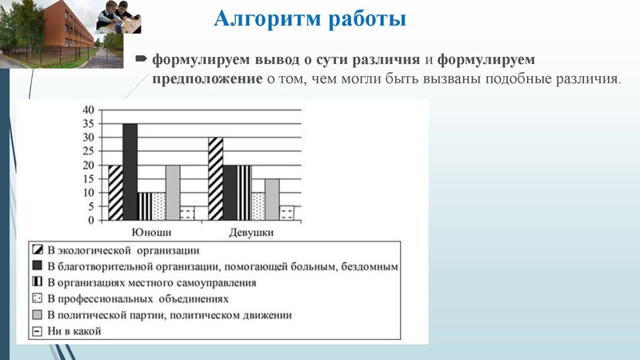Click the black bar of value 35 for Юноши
(130, 172)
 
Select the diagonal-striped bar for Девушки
(215, 178)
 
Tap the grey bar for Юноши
(172, 192)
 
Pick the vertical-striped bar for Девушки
(244, 192)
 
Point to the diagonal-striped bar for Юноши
(115, 192)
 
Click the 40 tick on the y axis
(89, 110)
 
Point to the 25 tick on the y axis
(89, 151)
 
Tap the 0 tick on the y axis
(91, 220)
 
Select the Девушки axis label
(252, 232)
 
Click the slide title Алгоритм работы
(310, 17)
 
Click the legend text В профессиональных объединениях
(138, 298)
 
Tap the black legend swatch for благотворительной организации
(37, 266)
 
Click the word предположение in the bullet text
(206, 78)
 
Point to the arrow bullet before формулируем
(142, 59)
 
